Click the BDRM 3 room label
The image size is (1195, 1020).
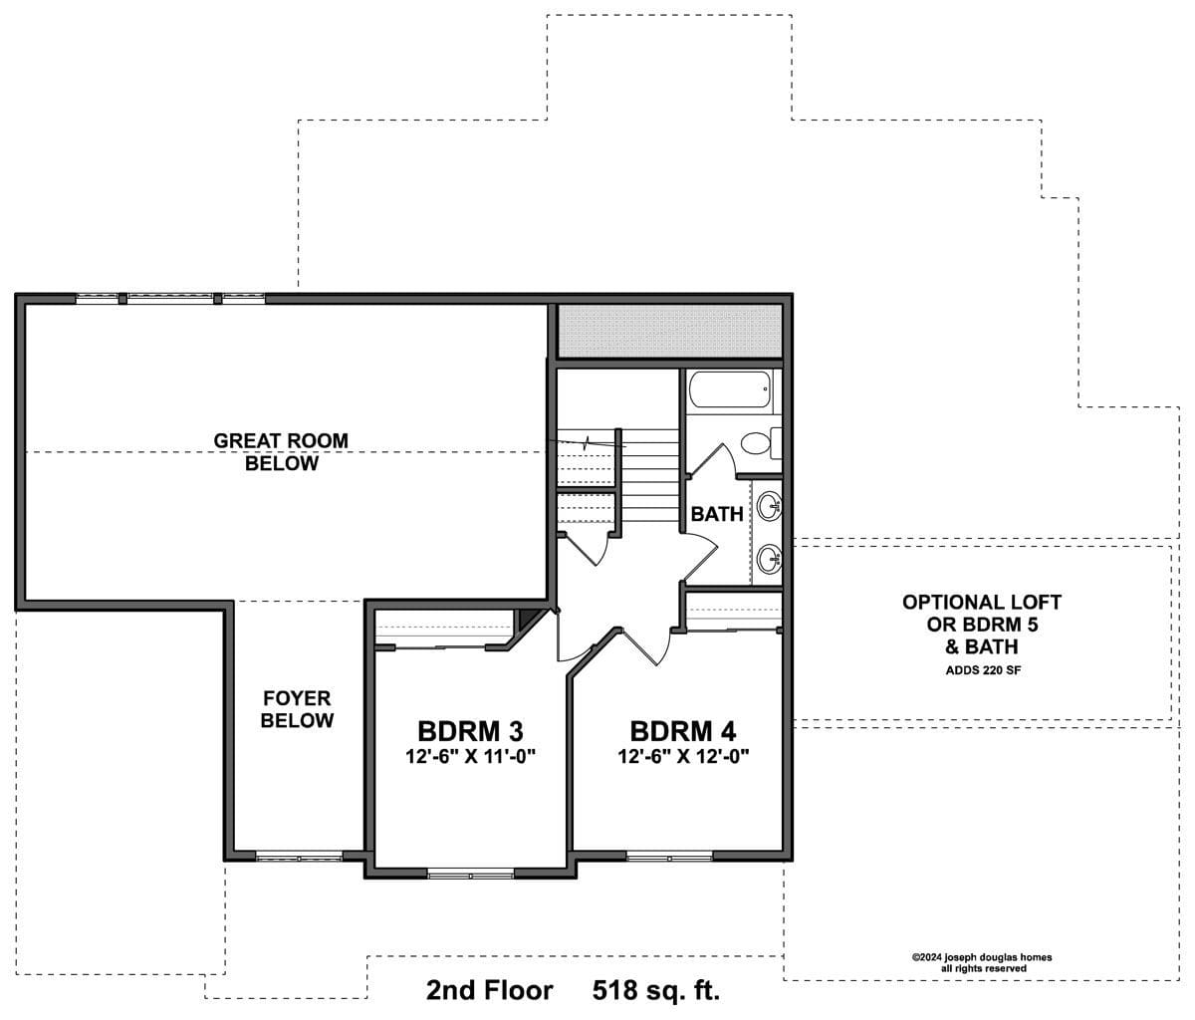point(470,731)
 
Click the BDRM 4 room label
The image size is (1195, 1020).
point(683,731)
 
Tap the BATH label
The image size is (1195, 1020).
point(717,513)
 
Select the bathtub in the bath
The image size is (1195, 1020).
point(731,390)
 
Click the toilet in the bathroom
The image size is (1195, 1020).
point(761,443)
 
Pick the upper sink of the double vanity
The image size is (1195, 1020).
point(769,506)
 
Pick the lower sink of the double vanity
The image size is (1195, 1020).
point(769,559)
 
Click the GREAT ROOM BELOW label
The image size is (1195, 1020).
point(282,451)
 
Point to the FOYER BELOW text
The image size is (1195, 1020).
point(297,709)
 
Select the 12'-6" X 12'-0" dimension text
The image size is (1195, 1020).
point(683,756)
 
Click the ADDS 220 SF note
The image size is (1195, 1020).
point(983,670)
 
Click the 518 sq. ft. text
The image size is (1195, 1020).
point(655,990)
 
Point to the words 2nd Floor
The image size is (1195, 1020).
point(490,990)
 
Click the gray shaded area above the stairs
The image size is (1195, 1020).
point(669,332)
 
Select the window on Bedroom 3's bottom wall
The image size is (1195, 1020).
point(471,874)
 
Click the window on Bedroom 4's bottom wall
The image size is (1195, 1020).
point(669,857)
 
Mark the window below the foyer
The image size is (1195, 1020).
point(300,857)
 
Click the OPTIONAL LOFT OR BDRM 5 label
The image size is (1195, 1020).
point(982,624)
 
